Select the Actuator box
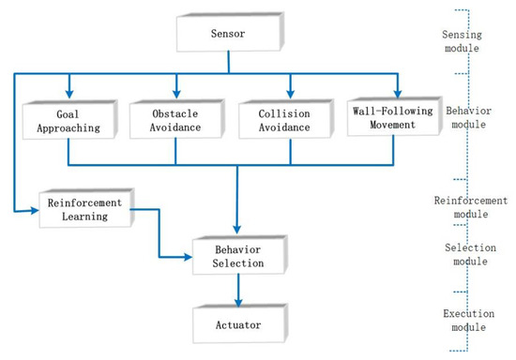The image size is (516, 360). coord(235,325)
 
